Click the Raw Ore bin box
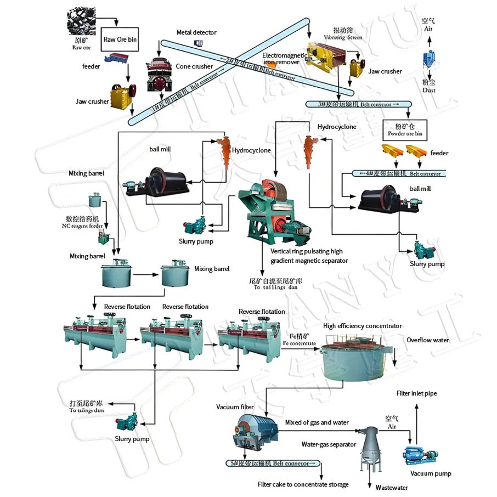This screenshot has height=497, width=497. pos(120,39)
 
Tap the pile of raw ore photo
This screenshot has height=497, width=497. pos(82,23)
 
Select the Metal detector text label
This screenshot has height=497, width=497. pos(196,33)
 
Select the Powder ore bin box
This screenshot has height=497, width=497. pos(404,129)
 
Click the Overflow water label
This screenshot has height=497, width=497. pos(427,340)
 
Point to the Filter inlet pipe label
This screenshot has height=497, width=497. pos(416,393)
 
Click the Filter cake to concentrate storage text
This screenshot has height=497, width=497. pos(303,484)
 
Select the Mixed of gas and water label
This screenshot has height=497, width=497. pos(317,422)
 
